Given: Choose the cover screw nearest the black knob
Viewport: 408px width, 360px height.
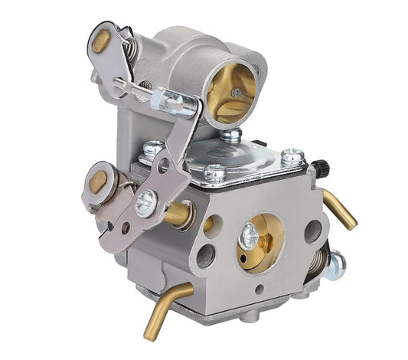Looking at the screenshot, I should tap(292, 158).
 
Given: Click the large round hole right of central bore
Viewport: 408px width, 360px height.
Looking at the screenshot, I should tap(312, 232).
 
